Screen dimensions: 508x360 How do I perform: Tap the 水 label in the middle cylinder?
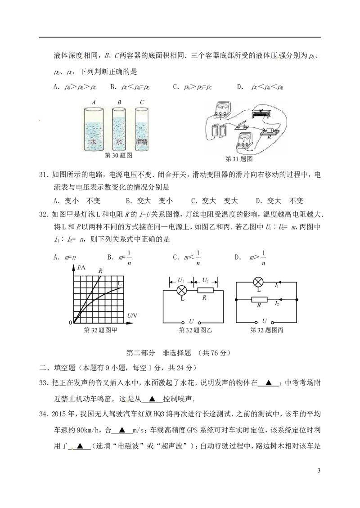point(119,141)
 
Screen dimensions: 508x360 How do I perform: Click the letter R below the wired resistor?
point(269,137)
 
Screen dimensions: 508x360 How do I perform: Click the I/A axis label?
point(81,268)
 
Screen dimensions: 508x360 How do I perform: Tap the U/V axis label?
point(132,316)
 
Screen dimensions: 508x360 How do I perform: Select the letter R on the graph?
point(100,270)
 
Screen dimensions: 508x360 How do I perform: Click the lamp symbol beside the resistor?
point(181,291)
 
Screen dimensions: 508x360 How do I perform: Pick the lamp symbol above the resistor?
point(258,282)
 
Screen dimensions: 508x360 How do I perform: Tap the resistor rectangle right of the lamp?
point(206,291)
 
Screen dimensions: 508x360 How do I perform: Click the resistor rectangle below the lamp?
point(260,299)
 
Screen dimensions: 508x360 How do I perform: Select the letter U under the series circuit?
point(191,322)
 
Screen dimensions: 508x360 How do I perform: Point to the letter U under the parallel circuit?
point(265,321)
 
